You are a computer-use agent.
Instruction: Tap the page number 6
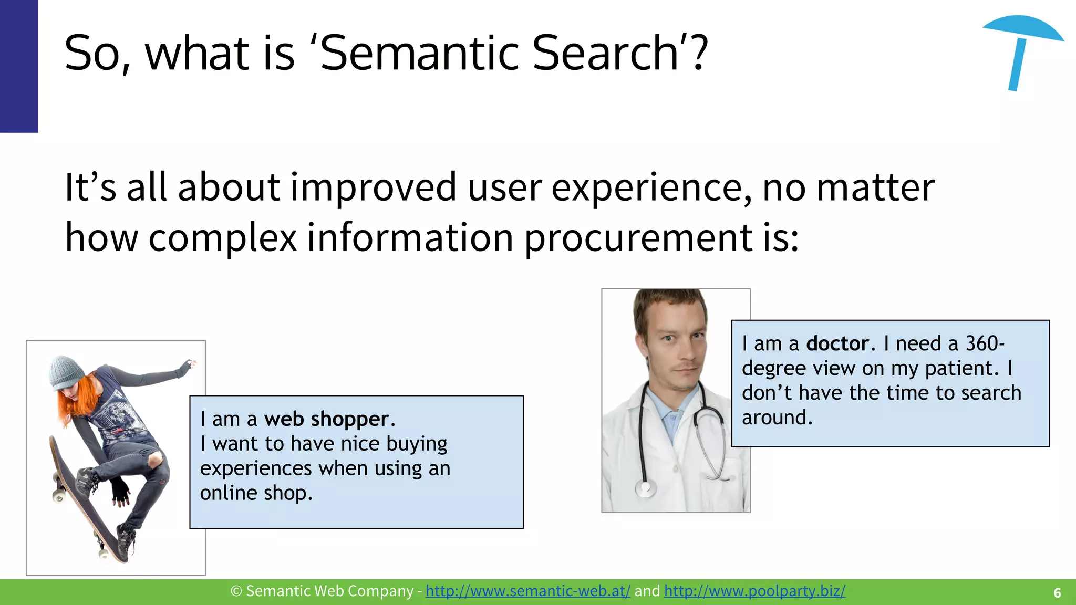tap(1057, 593)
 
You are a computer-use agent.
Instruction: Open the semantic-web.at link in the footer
tap(527, 591)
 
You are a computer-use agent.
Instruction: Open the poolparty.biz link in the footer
tap(754, 591)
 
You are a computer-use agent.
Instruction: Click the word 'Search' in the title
tap(605, 53)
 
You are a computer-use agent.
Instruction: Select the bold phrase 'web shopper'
tap(326, 420)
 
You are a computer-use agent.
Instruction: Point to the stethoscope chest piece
tap(646, 489)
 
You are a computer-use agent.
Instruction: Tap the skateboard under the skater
tap(84, 499)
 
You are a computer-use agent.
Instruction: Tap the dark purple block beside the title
tap(19, 66)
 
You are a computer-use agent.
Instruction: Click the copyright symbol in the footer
tap(236, 591)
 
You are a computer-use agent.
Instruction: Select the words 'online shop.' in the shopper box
tap(256, 494)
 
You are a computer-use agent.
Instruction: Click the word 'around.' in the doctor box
tap(777, 418)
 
